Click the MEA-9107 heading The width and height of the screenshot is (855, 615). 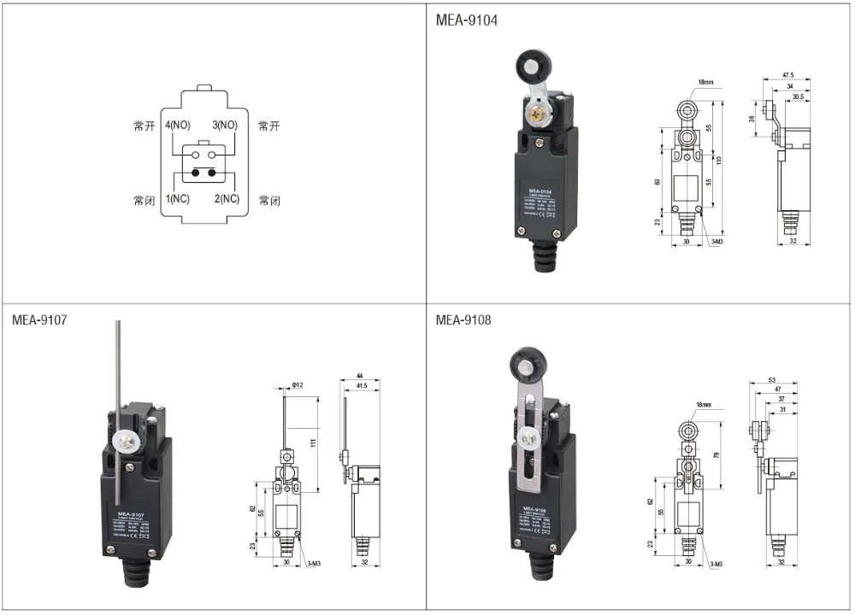[x=39, y=320]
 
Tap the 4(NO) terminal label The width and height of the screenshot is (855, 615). [x=180, y=126]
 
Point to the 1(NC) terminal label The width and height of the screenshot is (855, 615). [x=178, y=199]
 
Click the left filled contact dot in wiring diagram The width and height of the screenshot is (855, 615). [x=195, y=173]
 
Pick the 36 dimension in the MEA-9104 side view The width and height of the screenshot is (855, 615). [x=752, y=120]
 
